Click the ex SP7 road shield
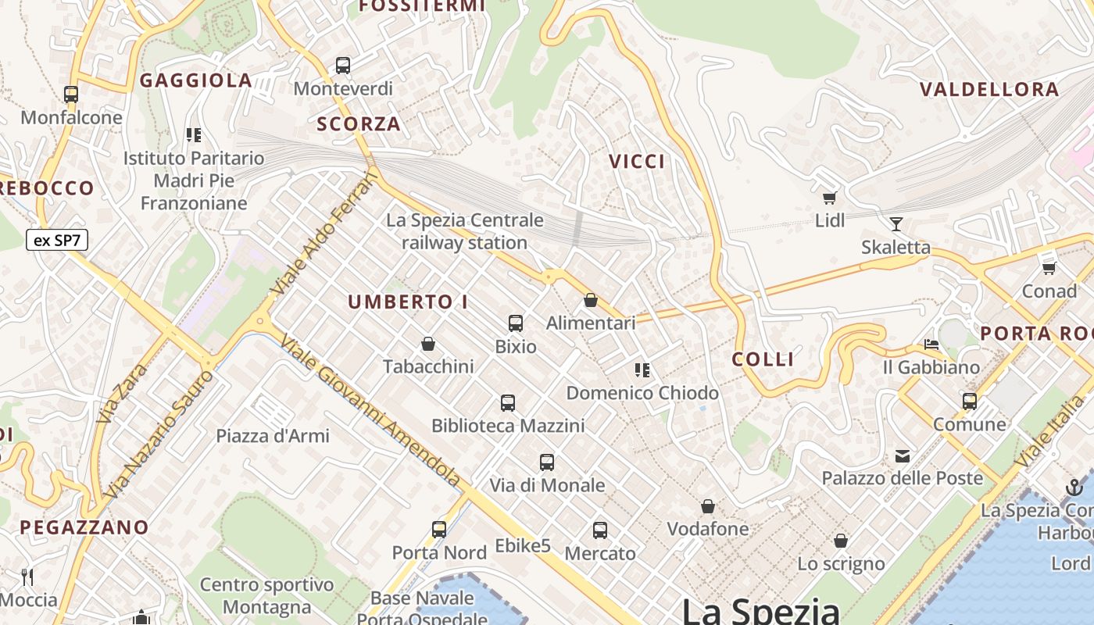click(57, 240)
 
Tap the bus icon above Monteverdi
click(343, 66)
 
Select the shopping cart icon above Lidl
click(829, 198)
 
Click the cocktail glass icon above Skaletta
click(896, 224)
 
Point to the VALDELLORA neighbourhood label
click(989, 89)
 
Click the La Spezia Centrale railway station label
click(464, 231)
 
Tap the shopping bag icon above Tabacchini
click(428, 344)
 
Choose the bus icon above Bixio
click(516, 323)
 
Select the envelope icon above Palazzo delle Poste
click(903, 455)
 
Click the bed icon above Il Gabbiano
click(931, 344)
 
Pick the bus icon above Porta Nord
click(439, 530)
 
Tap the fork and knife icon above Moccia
click(28, 577)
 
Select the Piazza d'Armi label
click(273, 436)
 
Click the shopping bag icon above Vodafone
click(708, 506)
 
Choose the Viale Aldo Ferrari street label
click(324, 234)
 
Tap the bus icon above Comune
click(970, 402)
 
